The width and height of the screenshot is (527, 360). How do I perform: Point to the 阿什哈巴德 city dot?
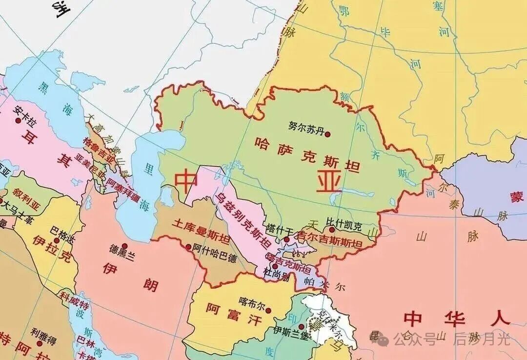(x=189, y=247)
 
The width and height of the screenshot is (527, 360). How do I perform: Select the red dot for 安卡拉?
(x=18, y=120)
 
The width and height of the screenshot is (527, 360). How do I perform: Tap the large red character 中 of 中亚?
(x=186, y=180)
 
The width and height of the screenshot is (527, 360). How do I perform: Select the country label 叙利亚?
(x=28, y=199)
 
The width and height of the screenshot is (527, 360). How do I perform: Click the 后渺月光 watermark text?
(x=482, y=338)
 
